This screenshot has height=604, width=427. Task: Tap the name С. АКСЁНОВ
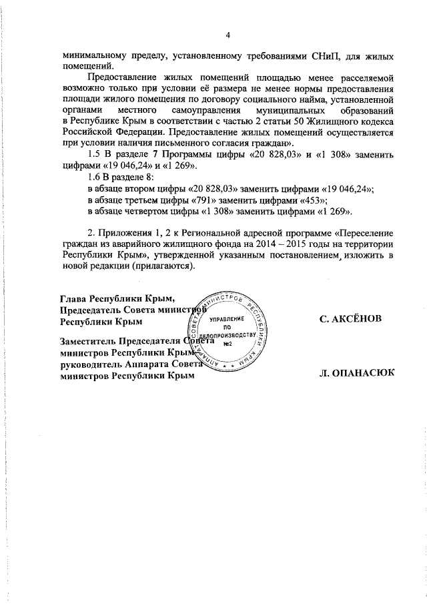tap(352, 320)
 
